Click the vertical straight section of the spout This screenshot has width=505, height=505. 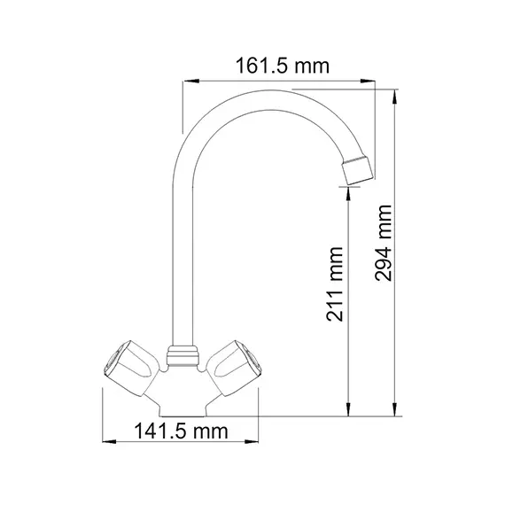[183, 266]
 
